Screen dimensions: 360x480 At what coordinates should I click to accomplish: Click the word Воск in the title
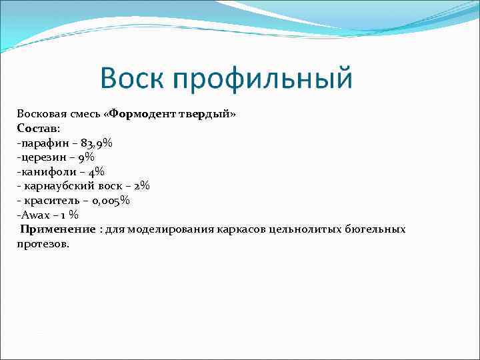(x=132, y=79)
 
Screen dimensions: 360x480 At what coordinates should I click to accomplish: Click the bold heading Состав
(x=37, y=127)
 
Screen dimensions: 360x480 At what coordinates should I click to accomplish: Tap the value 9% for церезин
(x=85, y=157)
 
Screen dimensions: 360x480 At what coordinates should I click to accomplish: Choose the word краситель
(x=51, y=200)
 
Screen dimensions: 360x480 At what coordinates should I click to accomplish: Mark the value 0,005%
(x=110, y=200)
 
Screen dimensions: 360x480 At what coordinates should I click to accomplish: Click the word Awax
(x=34, y=215)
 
